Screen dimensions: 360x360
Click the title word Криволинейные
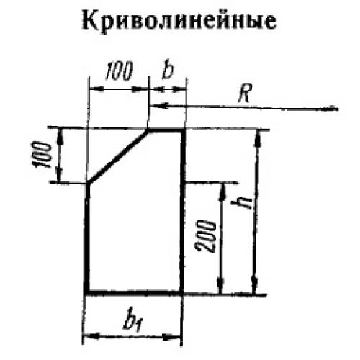(x=179, y=21)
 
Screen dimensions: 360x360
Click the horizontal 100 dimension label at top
(x=119, y=71)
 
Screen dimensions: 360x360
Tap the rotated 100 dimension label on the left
(x=40, y=155)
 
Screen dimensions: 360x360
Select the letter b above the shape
(x=167, y=71)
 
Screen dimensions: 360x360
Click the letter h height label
(x=241, y=202)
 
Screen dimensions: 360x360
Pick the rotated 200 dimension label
(x=205, y=236)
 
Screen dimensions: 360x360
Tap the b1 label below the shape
(x=132, y=322)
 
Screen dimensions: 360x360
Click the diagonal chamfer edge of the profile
(x=117, y=157)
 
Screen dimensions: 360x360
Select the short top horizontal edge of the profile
(x=166, y=130)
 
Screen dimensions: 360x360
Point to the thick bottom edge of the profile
(x=133, y=292)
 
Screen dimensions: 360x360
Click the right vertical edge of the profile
(x=182, y=211)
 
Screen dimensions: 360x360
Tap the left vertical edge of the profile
(x=87, y=238)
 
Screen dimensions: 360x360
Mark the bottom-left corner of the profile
(x=86, y=293)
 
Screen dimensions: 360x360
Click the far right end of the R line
(x=337, y=109)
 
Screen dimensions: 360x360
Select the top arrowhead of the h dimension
(x=258, y=138)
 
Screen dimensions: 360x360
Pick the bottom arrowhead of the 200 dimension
(x=221, y=285)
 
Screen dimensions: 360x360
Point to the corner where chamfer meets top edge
(x=148, y=130)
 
